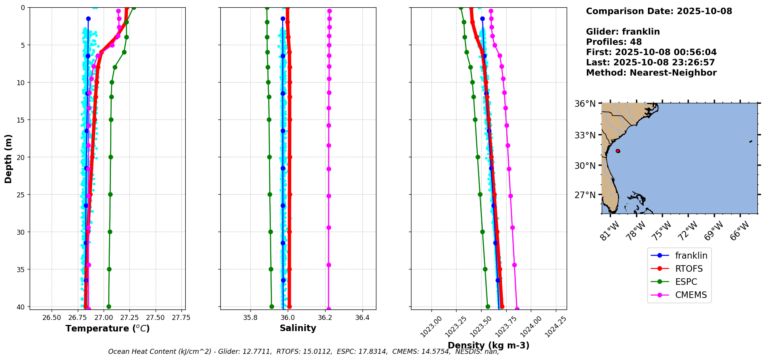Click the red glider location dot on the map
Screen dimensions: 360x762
(x=618, y=151)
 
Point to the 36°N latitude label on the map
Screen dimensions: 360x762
(x=585, y=104)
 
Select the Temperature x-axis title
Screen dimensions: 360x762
(x=107, y=328)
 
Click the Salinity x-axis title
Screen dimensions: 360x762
(x=298, y=328)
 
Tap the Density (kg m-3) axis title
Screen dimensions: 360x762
(x=488, y=345)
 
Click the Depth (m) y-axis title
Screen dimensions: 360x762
(x=8, y=158)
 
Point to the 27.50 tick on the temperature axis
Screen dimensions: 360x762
(x=155, y=318)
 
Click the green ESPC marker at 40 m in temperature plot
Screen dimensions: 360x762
(x=109, y=307)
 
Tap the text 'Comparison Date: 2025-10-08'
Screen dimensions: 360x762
(x=659, y=11)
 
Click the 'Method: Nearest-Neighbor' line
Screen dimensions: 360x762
(x=651, y=73)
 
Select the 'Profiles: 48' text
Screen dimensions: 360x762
(x=614, y=42)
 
